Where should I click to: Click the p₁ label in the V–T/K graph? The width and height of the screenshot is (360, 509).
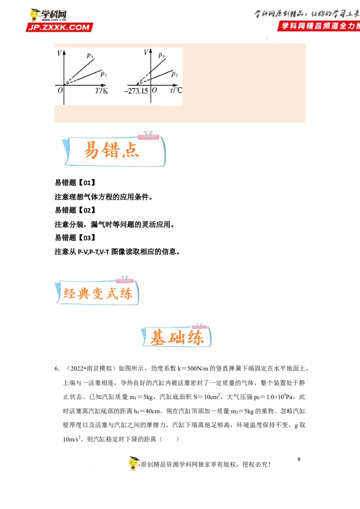(90, 56)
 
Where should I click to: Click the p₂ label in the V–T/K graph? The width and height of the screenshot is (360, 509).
(103, 74)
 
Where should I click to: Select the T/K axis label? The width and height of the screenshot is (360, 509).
(102, 91)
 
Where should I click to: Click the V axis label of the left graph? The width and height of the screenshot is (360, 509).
(60, 53)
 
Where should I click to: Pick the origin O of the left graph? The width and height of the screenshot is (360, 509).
(60, 90)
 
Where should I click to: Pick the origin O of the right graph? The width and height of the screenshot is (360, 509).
(154, 90)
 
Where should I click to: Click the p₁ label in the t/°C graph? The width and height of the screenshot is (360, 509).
(162, 56)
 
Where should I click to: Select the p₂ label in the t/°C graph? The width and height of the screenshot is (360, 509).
(175, 75)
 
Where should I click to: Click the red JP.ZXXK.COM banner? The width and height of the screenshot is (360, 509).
(59, 27)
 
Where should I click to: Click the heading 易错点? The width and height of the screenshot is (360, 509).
(111, 150)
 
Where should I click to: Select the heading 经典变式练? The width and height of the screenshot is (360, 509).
(98, 294)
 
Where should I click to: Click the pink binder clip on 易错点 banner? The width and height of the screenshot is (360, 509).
(147, 134)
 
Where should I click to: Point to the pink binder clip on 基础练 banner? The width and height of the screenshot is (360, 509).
(199, 325)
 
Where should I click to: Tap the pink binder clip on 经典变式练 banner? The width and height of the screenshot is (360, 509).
(125, 279)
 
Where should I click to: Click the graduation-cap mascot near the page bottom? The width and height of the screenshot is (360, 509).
(134, 463)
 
